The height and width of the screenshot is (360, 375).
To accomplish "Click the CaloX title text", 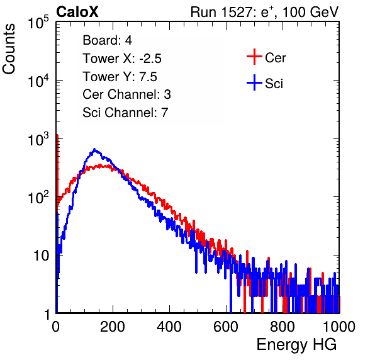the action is [77, 12].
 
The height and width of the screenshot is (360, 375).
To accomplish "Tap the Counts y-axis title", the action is [9, 49].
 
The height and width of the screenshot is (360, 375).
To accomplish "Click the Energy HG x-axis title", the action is [296, 345].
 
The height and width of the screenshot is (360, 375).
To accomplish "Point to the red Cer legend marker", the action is [254, 57].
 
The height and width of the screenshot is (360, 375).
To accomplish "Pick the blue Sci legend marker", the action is [254, 82].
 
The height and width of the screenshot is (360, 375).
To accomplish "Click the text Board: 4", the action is [107, 40].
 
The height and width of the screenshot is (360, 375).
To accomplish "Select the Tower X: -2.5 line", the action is [122, 59].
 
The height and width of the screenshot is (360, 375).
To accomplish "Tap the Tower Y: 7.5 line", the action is [120, 77].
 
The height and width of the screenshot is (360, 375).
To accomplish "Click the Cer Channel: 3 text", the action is [126, 94].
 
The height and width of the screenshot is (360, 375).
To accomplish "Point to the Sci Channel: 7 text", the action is [125, 113].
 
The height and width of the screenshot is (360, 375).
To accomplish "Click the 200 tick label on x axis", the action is [113, 327].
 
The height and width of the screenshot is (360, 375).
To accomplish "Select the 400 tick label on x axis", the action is [169, 327].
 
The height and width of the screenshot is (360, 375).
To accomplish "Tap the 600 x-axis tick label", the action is [226, 327].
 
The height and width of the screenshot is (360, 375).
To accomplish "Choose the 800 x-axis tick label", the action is [283, 327].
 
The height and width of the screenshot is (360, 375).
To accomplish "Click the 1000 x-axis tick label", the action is [339, 327].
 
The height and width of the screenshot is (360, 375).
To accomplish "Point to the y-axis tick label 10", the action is [41, 256].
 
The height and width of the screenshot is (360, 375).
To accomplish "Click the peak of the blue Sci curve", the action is [94, 150].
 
